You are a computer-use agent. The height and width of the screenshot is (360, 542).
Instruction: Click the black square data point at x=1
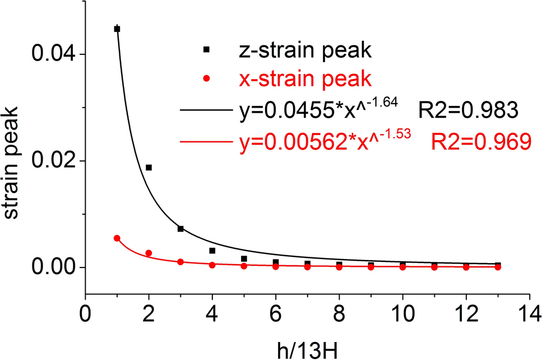pyautogui.click(x=117, y=29)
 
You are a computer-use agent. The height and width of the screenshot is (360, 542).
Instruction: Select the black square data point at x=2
pyautogui.click(x=149, y=168)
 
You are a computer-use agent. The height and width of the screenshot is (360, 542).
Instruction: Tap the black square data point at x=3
pyautogui.click(x=180, y=229)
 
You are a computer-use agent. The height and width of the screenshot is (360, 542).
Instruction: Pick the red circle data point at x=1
pyautogui.click(x=117, y=238)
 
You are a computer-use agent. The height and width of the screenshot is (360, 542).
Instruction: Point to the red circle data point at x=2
pyautogui.click(x=149, y=253)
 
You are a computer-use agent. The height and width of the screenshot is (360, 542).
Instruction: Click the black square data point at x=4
pyautogui.click(x=212, y=251)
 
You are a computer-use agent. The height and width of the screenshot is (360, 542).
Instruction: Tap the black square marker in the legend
pyautogui.click(x=206, y=50)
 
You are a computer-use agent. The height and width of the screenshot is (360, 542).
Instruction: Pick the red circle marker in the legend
pyautogui.click(x=206, y=79)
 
